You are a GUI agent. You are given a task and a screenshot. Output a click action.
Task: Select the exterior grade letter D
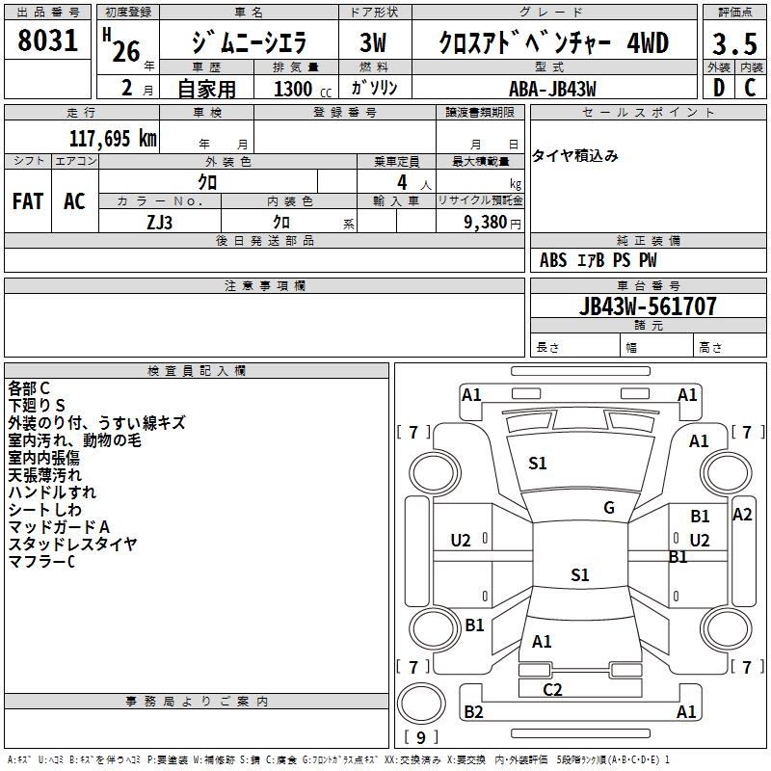click(718, 88)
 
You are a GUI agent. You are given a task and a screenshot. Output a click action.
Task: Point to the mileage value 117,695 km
click(113, 139)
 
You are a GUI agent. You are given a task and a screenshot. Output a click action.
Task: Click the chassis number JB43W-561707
click(649, 306)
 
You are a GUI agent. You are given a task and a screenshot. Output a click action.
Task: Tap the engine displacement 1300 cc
click(295, 89)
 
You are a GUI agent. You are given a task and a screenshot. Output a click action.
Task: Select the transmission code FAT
click(28, 200)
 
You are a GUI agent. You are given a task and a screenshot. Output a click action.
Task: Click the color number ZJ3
click(159, 221)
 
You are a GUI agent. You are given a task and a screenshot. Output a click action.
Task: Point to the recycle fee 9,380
click(487, 221)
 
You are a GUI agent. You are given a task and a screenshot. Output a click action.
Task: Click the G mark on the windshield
click(608, 508)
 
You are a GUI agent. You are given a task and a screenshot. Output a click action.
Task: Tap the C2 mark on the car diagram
click(552, 689)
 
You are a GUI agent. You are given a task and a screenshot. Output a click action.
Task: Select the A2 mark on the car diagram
click(742, 515)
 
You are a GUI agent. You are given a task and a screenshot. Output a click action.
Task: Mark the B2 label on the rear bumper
click(473, 712)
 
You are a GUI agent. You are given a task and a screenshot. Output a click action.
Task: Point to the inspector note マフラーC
click(41, 561)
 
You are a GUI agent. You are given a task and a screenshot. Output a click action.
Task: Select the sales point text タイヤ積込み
click(575, 156)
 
